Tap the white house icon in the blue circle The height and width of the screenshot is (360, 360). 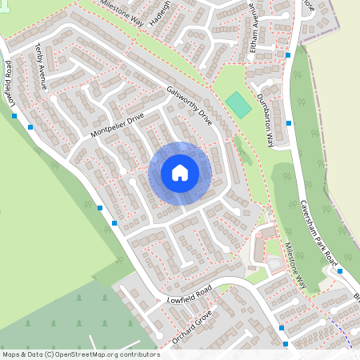[x=180, y=173]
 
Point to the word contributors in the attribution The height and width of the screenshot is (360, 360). [x=139, y=354]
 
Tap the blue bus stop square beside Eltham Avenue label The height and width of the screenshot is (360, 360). [x=288, y=54]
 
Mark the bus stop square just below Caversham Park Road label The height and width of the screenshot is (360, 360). [x=340, y=270]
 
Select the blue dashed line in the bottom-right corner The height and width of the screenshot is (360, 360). [x=344, y=336]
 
